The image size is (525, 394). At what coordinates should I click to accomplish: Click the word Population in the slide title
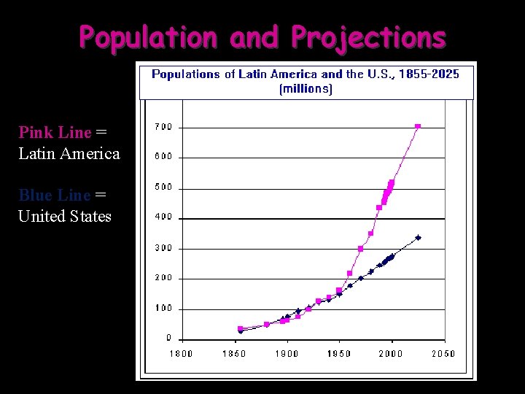[x=148, y=36]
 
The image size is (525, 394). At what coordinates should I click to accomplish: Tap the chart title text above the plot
[x=306, y=74]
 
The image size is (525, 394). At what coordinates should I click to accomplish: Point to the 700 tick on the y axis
[x=163, y=127]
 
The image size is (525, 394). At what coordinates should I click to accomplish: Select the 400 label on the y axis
[x=163, y=217]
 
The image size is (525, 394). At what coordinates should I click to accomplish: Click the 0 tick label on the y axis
[x=169, y=338]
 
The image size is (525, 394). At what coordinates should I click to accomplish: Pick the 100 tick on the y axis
[x=163, y=308]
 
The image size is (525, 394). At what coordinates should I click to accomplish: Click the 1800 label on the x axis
[x=182, y=354]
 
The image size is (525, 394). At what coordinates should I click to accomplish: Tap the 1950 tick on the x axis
[x=338, y=354]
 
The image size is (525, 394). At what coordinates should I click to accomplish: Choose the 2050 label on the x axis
[x=443, y=354]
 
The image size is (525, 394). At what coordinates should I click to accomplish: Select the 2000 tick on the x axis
[x=391, y=354]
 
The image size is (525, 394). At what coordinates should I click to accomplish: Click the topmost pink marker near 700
[x=418, y=126]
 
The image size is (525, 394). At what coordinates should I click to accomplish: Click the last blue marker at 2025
[x=418, y=237]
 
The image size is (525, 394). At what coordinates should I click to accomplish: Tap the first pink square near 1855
[x=240, y=328]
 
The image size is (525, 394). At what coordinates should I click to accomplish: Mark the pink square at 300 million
[x=360, y=249]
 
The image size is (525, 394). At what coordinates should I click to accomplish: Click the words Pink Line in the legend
[x=55, y=132]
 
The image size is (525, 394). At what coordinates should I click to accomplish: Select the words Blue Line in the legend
[x=55, y=195]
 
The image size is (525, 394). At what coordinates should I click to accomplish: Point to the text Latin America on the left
[x=69, y=153]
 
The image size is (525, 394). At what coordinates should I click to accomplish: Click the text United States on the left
[x=65, y=216]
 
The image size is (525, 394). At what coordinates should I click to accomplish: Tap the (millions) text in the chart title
[x=306, y=89]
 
